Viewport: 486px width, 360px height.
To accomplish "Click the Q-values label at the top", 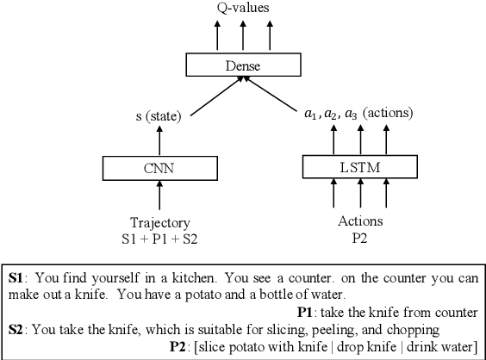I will (243, 8).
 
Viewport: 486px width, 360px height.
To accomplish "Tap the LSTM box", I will (359, 167).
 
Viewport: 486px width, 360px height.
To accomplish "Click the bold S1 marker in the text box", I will (17, 278).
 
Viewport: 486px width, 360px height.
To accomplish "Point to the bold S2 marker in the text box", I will (17, 328).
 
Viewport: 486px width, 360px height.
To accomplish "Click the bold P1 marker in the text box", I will (306, 311).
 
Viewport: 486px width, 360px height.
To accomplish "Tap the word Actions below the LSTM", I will (359, 221).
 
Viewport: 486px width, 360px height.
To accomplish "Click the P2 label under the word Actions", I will (359, 237).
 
